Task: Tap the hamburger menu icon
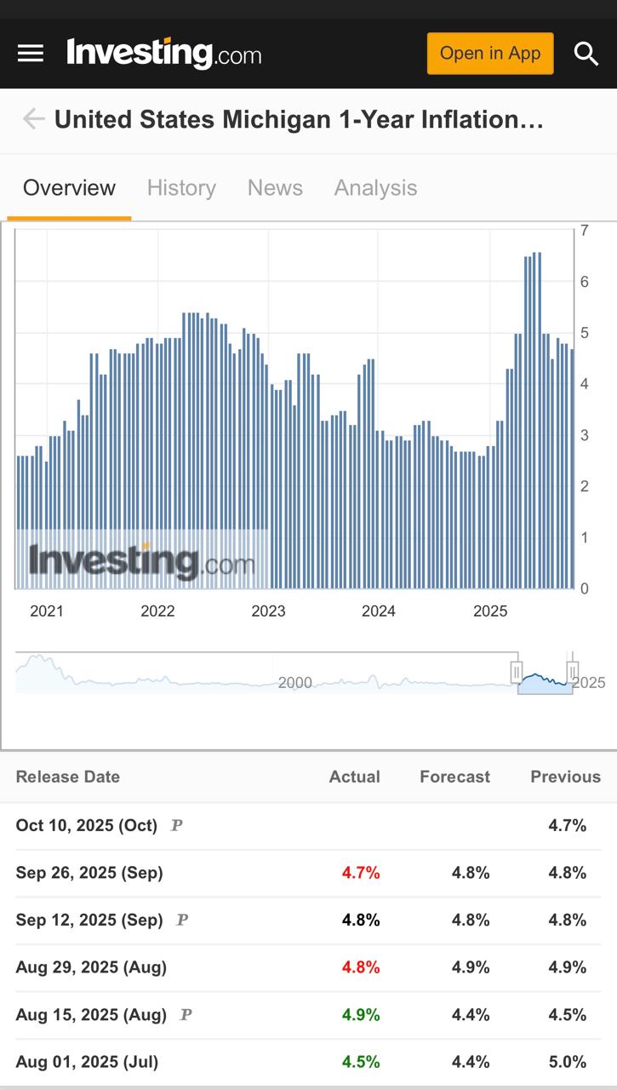pyautogui.click(x=31, y=53)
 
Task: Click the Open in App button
pyautogui.click(x=490, y=53)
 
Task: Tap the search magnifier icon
pyautogui.click(x=586, y=54)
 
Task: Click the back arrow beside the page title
pyautogui.click(x=33, y=119)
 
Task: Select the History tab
pyautogui.click(x=181, y=187)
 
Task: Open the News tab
pyautogui.click(x=275, y=187)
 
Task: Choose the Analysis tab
pyautogui.click(x=375, y=187)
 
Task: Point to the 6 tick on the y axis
pyautogui.click(x=585, y=282)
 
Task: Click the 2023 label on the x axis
pyautogui.click(x=268, y=611)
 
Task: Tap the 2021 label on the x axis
pyautogui.click(x=47, y=611)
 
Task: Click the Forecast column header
pyautogui.click(x=454, y=777)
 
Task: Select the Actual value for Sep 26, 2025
pyautogui.click(x=361, y=873)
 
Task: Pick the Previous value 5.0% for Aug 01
pyautogui.click(x=567, y=1062)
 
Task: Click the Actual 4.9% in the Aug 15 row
pyautogui.click(x=361, y=1015)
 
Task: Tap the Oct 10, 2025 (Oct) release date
pyautogui.click(x=87, y=825)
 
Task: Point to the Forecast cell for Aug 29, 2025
pyautogui.click(x=471, y=967)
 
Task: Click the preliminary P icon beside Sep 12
pyautogui.click(x=180, y=921)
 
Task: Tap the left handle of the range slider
pyautogui.click(x=517, y=673)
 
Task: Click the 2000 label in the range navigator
pyautogui.click(x=295, y=683)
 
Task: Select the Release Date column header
pyautogui.click(x=68, y=777)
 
